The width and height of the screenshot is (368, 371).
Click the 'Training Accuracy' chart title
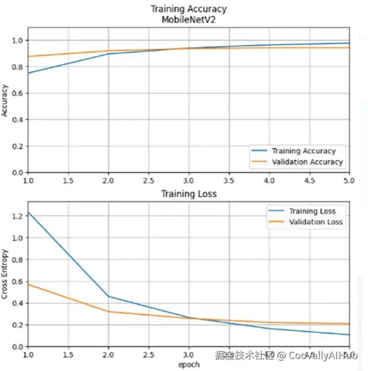pos(189,9)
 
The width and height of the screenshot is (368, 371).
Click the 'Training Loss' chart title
pos(189,194)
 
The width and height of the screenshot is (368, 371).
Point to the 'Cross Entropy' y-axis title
pos(5,274)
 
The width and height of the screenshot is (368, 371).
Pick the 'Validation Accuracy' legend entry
pos(307,162)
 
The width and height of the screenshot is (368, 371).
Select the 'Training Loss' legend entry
pos(312,211)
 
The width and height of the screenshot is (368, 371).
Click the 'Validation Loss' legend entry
pos(315,222)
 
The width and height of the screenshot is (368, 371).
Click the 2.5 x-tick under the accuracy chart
pos(149,181)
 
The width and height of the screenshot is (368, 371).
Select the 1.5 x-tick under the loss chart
pos(67,355)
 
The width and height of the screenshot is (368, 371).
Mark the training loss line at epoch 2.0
pos(108,296)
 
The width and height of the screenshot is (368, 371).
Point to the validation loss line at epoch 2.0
pos(108,311)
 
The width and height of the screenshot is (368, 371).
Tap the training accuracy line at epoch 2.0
pos(108,54)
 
